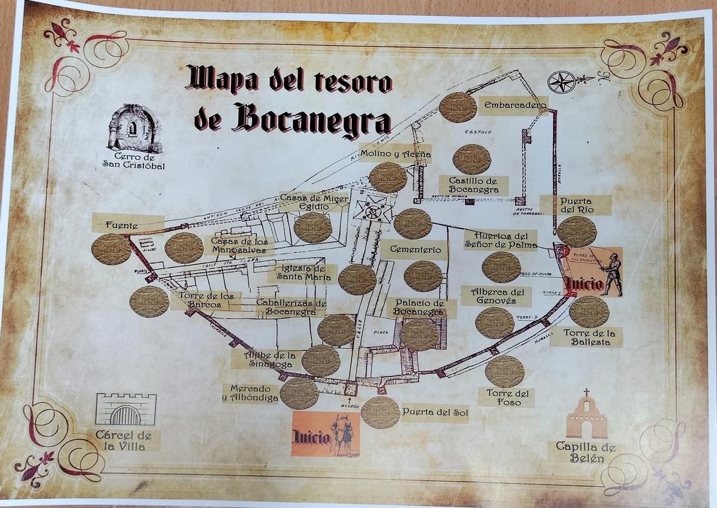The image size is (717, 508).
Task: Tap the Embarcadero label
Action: (514, 106)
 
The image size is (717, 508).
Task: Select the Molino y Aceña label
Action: (395, 154)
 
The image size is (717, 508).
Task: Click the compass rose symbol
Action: (561, 82)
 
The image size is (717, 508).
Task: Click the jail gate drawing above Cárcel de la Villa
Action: (126, 409)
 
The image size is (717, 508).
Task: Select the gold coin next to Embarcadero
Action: (458, 107)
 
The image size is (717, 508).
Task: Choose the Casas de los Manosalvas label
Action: (239, 245)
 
